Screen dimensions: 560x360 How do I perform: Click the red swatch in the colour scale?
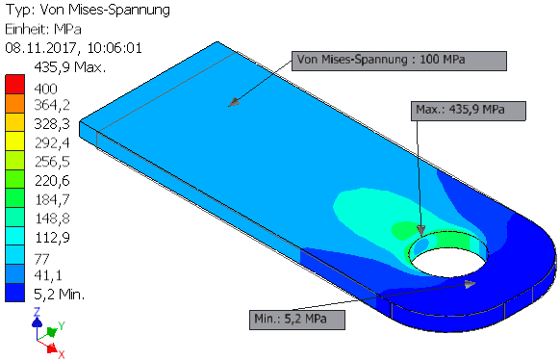point(15,85)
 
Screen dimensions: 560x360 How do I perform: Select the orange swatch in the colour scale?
point(15,103)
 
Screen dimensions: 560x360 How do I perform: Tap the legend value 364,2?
point(52,105)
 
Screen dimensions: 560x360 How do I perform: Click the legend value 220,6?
point(52,181)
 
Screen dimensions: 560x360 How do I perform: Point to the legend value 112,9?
point(52,237)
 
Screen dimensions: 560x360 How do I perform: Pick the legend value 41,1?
point(48,275)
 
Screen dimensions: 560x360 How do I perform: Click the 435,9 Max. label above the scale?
point(70,67)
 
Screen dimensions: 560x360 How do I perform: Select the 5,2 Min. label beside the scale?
point(60,295)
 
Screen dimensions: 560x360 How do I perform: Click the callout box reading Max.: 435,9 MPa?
point(469,111)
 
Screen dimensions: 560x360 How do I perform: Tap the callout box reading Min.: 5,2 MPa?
point(297,320)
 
